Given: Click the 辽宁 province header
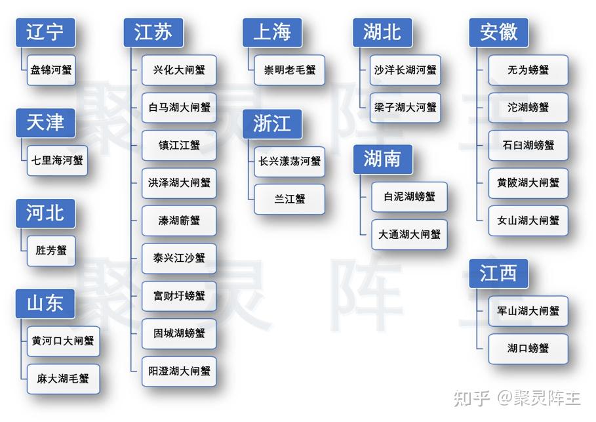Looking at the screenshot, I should tap(45, 33).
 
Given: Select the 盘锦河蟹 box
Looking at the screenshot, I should tap(51, 70).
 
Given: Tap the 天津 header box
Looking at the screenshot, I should tap(45, 123).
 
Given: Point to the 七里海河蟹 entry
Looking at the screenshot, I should tap(57, 160).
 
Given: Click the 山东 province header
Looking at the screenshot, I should tap(45, 304).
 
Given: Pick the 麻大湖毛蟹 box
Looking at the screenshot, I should tap(63, 379).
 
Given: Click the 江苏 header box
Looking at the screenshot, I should tap(153, 33).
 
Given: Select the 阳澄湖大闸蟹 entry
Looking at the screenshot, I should tap(179, 371).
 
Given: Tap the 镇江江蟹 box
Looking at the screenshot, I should tap(179, 145).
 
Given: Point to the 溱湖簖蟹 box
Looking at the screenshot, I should tap(179, 221).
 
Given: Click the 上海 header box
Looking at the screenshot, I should tap(272, 33).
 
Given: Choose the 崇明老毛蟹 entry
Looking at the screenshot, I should tap(290, 70).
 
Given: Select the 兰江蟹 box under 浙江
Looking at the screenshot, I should tap(290, 198).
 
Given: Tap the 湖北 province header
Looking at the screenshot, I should tap(382, 33).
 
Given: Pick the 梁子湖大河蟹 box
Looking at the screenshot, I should tap(405, 107).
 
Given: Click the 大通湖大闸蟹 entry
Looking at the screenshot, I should tap(410, 234).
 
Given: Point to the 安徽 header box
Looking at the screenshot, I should tap(498, 33).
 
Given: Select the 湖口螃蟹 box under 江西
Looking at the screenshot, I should tap(528, 348).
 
